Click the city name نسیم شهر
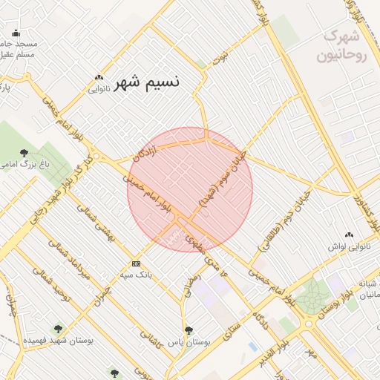tap(149, 81)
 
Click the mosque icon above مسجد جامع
tap(16, 33)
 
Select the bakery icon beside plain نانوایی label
tap(99, 78)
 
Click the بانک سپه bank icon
tap(136, 263)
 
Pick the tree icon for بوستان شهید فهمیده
tap(57, 328)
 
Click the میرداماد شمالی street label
tap(75, 259)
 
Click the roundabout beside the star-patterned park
tap(308, 323)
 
